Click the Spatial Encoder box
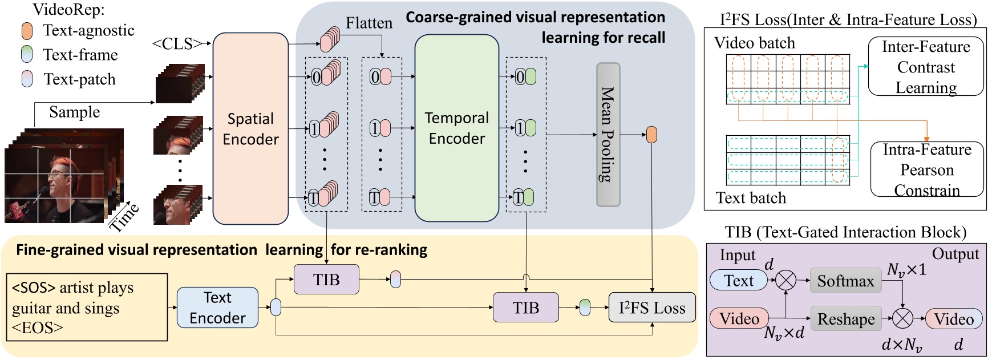[x=250, y=129]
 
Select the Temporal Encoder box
[x=456, y=128]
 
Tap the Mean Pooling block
[x=608, y=134]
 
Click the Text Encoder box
[x=217, y=308]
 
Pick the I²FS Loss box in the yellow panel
[x=652, y=308]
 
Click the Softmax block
[x=845, y=281]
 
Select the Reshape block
[x=845, y=319]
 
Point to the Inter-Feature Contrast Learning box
[x=926, y=67]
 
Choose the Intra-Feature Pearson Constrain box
[x=927, y=169]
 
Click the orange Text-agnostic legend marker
[x=26, y=31]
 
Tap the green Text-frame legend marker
[x=26, y=55]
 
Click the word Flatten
[x=369, y=23]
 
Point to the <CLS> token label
[x=177, y=43]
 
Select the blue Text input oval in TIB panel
[x=739, y=281]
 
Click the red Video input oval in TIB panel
[x=739, y=318]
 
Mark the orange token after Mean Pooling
[x=651, y=135]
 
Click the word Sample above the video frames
[x=74, y=112]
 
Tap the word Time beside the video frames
[x=124, y=217]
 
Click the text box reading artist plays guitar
[x=87, y=308]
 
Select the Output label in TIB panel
[x=955, y=254]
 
